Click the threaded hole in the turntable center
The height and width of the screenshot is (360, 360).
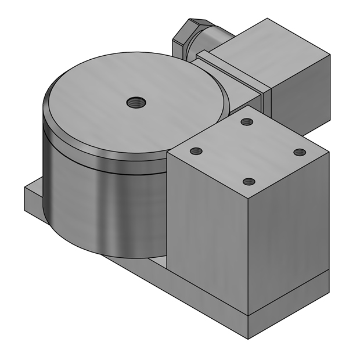click(136, 103)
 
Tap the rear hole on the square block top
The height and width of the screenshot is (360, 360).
click(247, 122)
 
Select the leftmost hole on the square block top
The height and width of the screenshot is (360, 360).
click(196, 152)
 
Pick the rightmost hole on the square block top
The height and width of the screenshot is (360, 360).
click(299, 152)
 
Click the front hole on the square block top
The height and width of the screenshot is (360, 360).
click(249, 182)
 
